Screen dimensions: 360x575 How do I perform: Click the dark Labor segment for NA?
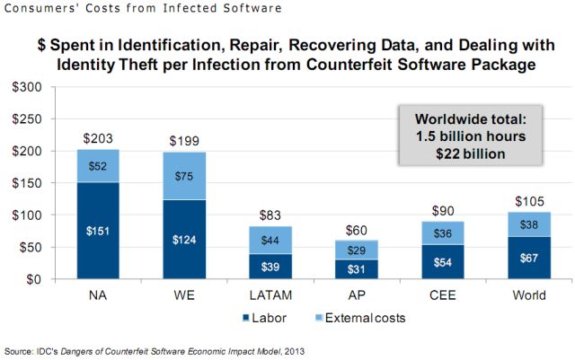pos(99,231)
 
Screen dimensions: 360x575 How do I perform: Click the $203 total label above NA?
pos(99,138)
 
